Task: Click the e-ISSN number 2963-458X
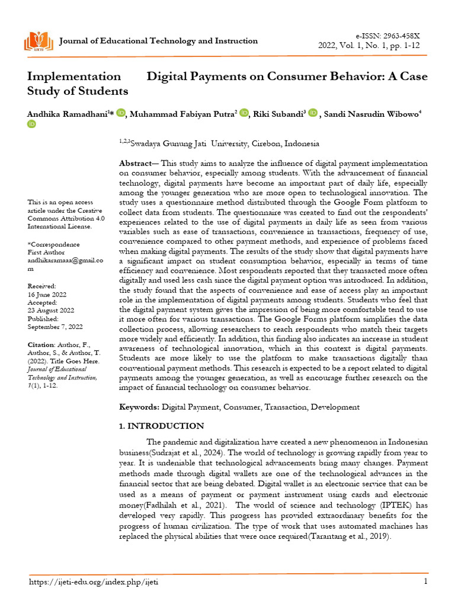coord(405,36)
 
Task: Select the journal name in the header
coord(159,41)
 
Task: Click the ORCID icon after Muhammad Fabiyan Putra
coord(244,113)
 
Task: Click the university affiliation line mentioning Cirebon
coord(219,143)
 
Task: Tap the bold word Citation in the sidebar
coord(41,344)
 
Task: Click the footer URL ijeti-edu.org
coord(94,582)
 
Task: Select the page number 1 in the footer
coord(425,582)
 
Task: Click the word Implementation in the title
coord(74,76)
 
